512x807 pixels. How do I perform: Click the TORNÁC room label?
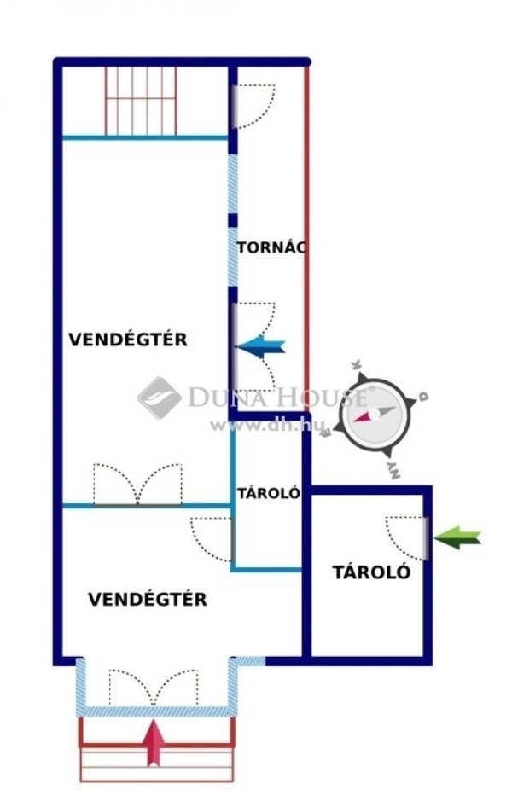point(271,247)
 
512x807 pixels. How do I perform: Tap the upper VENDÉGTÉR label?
point(128,340)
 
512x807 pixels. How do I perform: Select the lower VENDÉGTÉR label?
point(148,599)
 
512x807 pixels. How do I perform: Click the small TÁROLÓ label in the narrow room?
point(269,493)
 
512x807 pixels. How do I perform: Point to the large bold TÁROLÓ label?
point(371,572)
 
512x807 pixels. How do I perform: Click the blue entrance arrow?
point(261,347)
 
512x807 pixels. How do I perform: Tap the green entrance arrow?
point(457,537)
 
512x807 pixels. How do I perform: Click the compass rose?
point(375,413)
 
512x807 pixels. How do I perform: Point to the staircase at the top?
point(141,101)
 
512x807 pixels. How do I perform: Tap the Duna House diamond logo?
point(159,398)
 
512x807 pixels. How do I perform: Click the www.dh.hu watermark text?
point(268,425)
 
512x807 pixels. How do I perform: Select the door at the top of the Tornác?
point(253,106)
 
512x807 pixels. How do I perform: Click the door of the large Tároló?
point(407,538)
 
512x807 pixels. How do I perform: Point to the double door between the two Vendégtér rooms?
point(137,485)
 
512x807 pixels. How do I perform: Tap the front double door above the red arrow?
point(154,688)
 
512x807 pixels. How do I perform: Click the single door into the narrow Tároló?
point(212,540)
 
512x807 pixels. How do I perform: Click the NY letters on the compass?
point(393,470)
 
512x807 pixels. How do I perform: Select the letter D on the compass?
point(423,397)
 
